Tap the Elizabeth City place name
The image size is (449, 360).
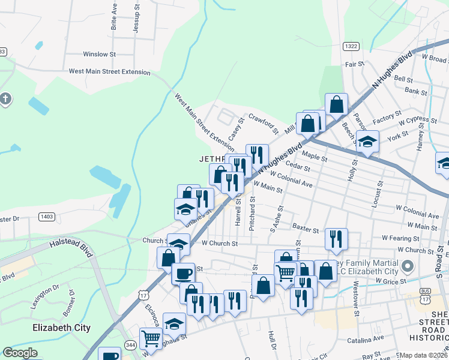(x=61, y=328)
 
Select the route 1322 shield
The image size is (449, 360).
(x=351, y=46)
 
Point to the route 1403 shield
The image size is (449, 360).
(x=47, y=216)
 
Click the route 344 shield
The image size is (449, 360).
(x=130, y=344)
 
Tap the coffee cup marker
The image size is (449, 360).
(x=183, y=273)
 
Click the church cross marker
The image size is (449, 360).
(x=5, y=98)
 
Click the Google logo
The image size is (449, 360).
(x=20, y=353)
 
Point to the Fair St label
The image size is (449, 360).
(x=354, y=64)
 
